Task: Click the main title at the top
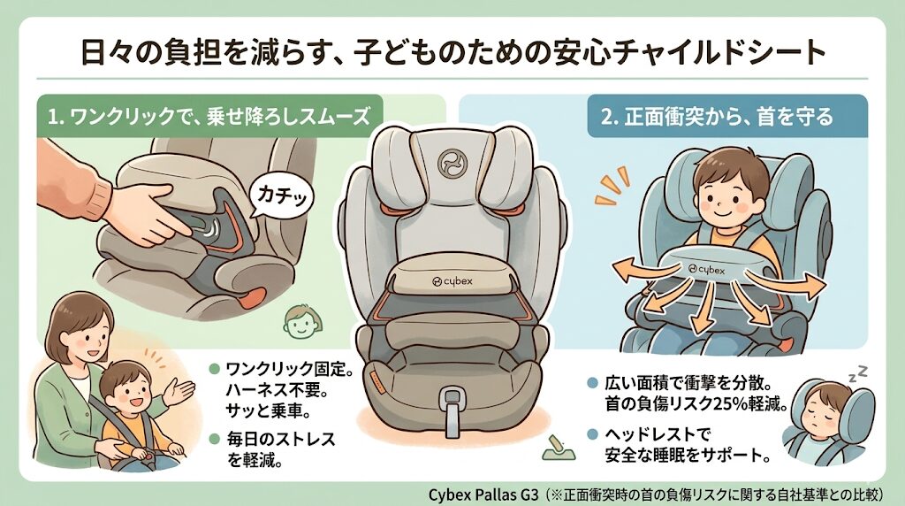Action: [x=452, y=52]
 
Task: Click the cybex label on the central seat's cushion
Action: [x=452, y=279]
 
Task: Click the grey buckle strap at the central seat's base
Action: [x=452, y=410]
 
